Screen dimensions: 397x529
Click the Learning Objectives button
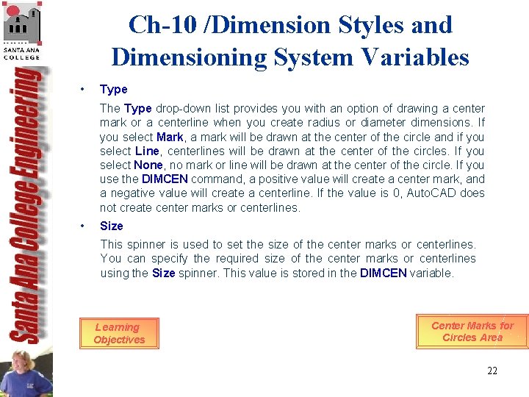coord(118,333)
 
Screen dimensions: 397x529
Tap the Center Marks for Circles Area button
coord(472,332)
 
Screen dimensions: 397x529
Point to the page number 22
coord(492,371)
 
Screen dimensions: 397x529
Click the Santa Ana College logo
coord(22,30)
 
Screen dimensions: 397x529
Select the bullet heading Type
coord(114,89)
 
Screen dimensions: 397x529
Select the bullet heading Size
coord(112,226)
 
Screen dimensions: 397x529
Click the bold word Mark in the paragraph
coord(170,137)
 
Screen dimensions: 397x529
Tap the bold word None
coord(148,165)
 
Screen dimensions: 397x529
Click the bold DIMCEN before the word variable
coord(383,273)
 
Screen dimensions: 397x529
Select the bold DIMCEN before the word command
coord(165,179)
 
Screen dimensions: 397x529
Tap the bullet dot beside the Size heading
coord(84,226)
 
